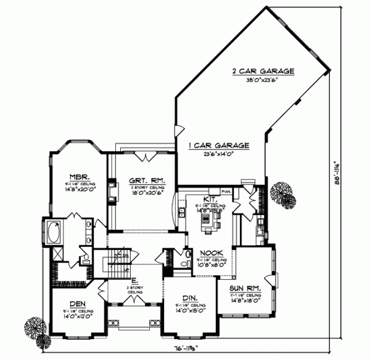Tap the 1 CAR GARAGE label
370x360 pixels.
click(x=218, y=145)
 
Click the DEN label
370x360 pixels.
click(x=77, y=304)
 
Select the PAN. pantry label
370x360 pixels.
click(x=226, y=192)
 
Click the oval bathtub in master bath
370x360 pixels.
click(x=51, y=234)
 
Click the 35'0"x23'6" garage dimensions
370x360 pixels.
click(x=263, y=80)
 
